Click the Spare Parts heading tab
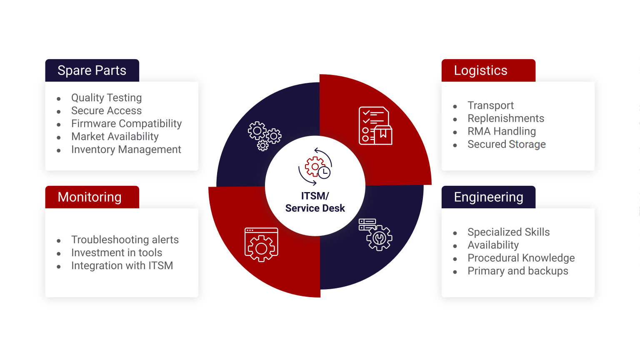pos(92,70)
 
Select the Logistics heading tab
pos(488,70)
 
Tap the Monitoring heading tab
pos(92,197)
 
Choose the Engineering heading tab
pos(488,197)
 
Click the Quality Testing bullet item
pos(106,98)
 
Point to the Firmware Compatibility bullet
pos(126,124)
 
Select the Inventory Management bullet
pos(126,150)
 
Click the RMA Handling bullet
pos(501,131)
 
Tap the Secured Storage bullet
pos(507,144)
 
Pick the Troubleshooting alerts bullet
pos(125,240)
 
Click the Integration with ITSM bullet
pos(122,266)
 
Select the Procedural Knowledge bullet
pos(521,258)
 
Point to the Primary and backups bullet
pos(518,271)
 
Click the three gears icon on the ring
pos(265,136)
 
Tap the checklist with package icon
pos(375,126)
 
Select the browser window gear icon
pos(261,245)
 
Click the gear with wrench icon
pos(375,235)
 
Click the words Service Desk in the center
pos(315,208)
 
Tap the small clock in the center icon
pos(324,172)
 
